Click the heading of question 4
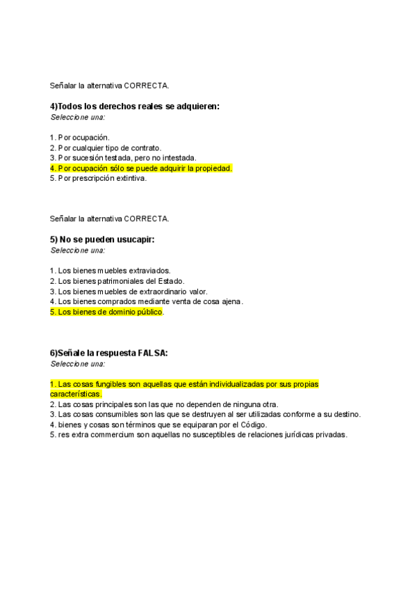click(x=135, y=106)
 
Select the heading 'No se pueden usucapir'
click(x=102, y=239)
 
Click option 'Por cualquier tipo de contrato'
click(x=106, y=147)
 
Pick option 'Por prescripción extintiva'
click(x=98, y=178)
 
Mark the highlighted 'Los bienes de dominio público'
click(x=107, y=312)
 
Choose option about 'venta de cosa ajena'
click(x=146, y=302)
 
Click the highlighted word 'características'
click(x=76, y=394)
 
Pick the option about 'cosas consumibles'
click(x=205, y=415)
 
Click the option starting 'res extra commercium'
click(x=198, y=436)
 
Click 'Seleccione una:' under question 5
click(x=77, y=250)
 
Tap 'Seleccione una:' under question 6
click(x=77, y=364)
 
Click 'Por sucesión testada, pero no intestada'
click(x=123, y=158)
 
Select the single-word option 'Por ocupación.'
click(x=80, y=137)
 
